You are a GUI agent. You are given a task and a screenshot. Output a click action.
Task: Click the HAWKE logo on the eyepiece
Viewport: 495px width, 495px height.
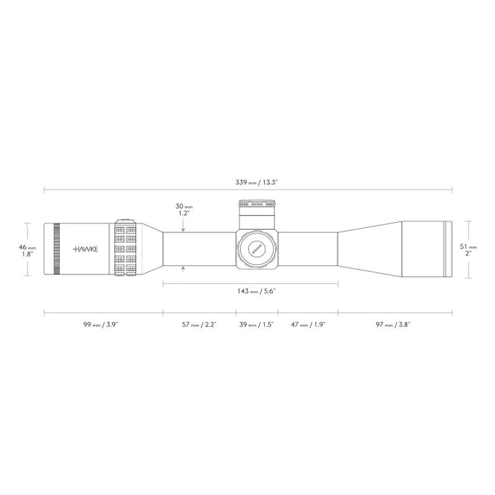click(x=85, y=249)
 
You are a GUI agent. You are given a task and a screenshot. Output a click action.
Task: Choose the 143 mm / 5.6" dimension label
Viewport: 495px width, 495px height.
click(x=250, y=291)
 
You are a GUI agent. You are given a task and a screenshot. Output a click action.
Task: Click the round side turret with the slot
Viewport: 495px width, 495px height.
click(x=257, y=249)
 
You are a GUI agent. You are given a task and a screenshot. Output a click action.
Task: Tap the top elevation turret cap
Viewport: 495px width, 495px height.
click(x=257, y=204)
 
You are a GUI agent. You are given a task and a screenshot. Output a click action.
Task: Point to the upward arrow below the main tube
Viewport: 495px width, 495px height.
click(x=183, y=269)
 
